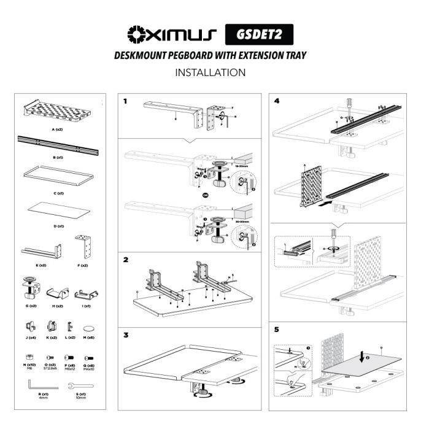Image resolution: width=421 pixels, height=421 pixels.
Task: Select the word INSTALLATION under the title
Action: pos(210,72)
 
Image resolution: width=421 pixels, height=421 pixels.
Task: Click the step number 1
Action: pos(126,101)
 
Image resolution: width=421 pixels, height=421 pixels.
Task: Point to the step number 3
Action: pos(126,335)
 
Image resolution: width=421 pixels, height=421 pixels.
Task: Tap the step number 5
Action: pos(276,330)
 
